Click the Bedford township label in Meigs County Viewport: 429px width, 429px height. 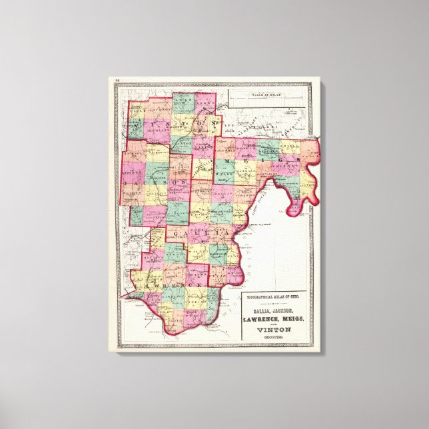pos(268,151)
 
